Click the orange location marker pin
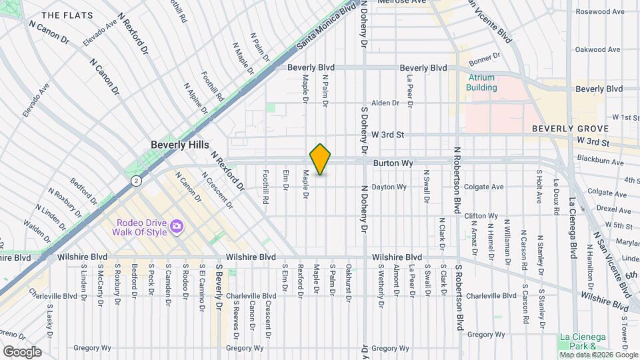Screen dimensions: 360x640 point(321,159)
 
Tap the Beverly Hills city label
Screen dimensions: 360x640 point(180,145)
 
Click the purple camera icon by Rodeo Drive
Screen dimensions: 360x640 point(177,227)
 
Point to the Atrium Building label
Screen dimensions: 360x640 point(481,82)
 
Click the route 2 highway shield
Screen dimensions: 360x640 point(136,180)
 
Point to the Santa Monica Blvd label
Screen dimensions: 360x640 point(326,26)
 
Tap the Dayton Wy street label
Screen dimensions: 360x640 point(389,187)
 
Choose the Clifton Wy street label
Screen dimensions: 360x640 point(481,216)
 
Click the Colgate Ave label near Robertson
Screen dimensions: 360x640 point(484,187)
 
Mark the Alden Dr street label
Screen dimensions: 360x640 point(385,103)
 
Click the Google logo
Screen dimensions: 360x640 point(22,351)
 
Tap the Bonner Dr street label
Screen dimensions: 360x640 point(485,59)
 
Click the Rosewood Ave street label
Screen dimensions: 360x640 point(598,11)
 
